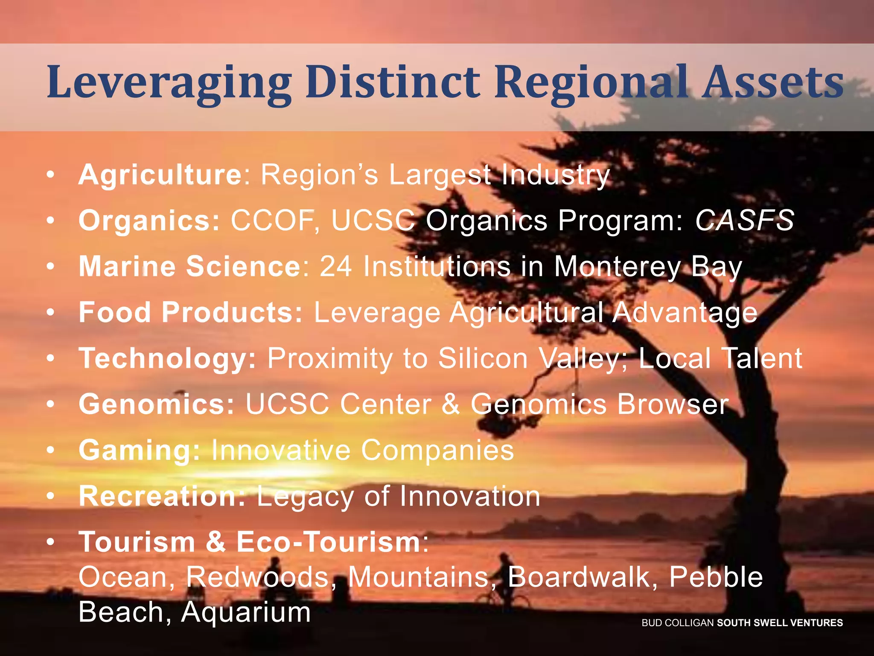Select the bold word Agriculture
[160, 175]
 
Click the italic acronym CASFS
[744, 220]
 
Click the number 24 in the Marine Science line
[335, 266]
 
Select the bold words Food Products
[190, 312]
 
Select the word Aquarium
[246, 612]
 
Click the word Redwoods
[257, 577]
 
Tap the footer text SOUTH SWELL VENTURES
[780, 623]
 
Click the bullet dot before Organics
[51, 220]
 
